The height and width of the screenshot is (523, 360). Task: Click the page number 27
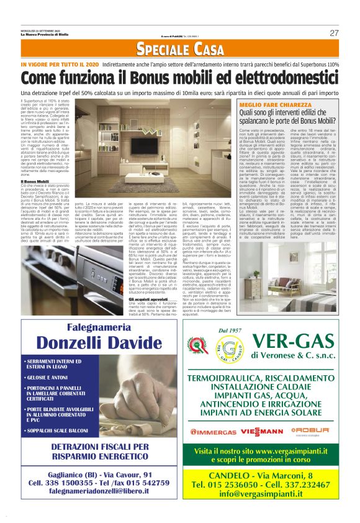[x=334, y=32]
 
